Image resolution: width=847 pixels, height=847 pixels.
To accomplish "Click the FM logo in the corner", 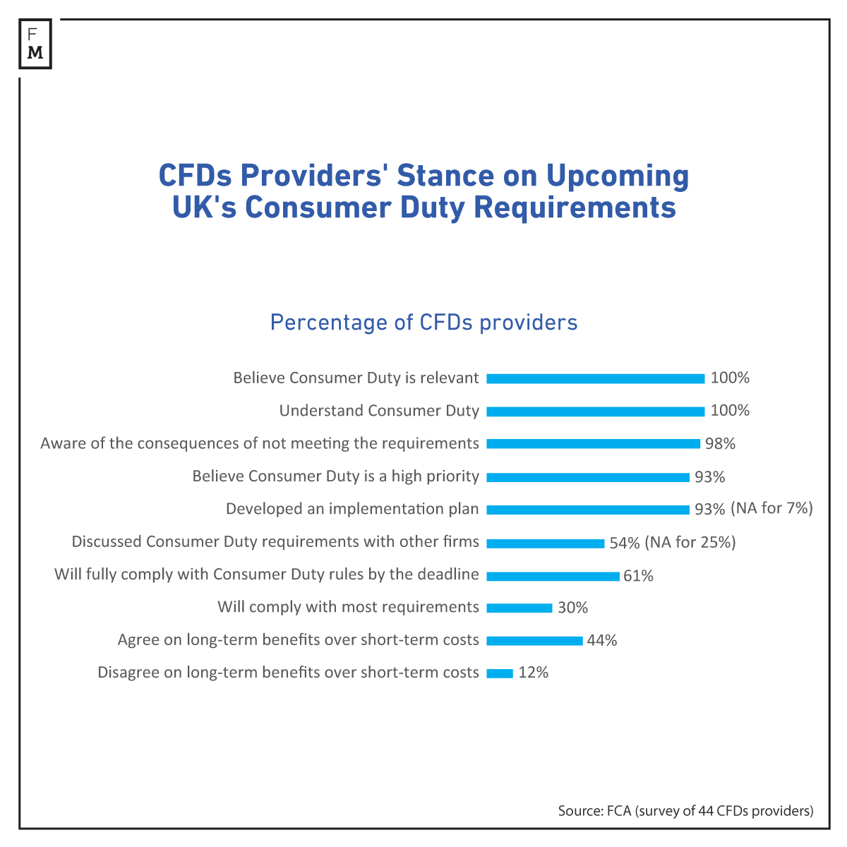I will (35, 44).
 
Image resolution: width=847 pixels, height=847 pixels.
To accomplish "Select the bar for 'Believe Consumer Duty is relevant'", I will (595, 378).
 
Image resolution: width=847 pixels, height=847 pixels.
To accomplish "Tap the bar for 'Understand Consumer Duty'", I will (595, 412).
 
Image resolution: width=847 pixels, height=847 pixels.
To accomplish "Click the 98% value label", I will (720, 444).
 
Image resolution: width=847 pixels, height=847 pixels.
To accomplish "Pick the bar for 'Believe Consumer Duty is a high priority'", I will (587, 477).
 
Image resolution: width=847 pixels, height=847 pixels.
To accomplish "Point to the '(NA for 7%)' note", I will (771, 508).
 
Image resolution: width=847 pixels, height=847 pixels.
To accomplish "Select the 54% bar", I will (545, 543).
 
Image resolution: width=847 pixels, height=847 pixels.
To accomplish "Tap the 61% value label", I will (638, 576).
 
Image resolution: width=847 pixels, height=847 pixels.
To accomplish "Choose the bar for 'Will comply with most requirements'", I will (519, 608).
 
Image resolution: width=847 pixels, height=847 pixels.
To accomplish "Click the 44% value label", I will (601, 641).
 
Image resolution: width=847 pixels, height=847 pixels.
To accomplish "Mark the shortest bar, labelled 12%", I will (500, 673).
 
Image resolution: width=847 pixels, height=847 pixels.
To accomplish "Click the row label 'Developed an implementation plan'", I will (352, 509).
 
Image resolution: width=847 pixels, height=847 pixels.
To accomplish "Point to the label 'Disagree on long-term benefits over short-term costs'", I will (288, 673).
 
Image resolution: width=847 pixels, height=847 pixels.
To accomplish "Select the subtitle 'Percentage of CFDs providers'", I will (423, 323).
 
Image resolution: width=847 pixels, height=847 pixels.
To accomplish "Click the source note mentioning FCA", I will (685, 811).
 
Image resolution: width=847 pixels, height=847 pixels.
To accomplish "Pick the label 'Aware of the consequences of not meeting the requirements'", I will (260, 443).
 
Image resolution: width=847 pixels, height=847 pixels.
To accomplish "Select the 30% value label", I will (572, 608).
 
